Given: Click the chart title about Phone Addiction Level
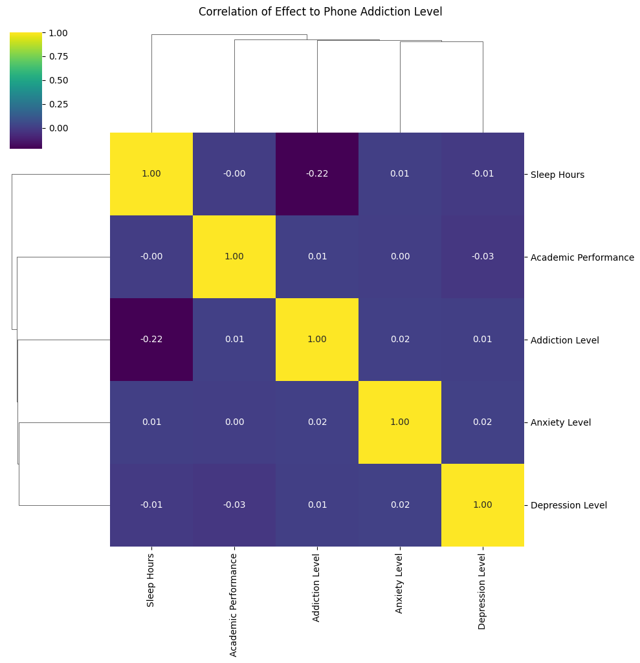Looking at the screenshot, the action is click(320, 12).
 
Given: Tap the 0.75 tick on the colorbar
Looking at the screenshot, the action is click(58, 57).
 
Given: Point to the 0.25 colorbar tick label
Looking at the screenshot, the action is click(58, 104).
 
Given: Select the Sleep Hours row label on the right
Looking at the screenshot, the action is click(557, 175).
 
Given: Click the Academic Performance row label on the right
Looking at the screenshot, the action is click(582, 257).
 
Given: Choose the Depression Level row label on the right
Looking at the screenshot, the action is click(569, 505).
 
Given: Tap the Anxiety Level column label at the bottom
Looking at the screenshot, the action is click(399, 583).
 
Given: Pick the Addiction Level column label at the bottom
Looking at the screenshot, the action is click(316, 588).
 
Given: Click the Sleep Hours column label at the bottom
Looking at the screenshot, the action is click(150, 581).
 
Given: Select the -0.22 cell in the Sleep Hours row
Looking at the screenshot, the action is click(317, 174).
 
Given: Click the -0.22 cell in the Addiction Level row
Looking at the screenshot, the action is click(151, 340).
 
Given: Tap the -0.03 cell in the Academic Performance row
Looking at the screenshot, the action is click(483, 257).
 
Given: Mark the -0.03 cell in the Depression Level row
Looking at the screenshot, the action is click(234, 505).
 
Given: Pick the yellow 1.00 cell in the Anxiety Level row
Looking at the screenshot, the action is click(400, 422).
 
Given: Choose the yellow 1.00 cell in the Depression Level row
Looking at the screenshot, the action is click(483, 505).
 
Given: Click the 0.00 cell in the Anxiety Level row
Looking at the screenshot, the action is click(234, 422).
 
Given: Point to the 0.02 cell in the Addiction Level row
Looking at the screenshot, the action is click(400, 340).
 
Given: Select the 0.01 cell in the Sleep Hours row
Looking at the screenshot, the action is click(400, 174).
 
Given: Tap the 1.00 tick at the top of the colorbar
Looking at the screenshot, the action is click(58, 33).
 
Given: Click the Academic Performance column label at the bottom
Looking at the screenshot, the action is click(233, 605).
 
